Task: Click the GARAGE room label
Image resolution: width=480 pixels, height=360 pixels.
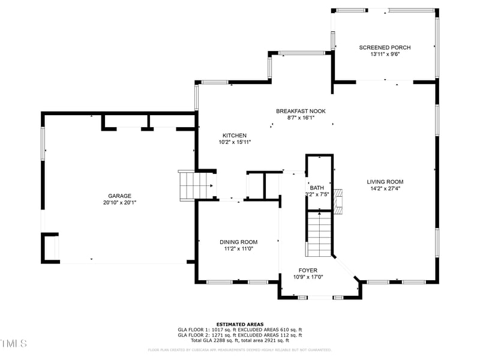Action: coord(119,196)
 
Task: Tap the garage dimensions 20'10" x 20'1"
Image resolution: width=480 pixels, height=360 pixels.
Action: coord(119,203)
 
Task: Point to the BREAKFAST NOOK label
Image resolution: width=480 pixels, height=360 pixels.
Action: coord(301,111)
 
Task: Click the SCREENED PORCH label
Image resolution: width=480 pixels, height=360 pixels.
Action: coord(385,47)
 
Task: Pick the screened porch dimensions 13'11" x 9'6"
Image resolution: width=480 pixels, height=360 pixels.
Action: coord(385,54)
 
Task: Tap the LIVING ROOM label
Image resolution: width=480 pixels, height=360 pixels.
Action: coord(385,182)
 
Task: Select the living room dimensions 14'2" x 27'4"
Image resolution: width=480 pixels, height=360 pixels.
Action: coord(385,188)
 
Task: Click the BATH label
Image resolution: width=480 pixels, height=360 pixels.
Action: coord(317,188)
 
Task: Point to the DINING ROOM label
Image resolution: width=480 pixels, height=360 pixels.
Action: coord(238,242)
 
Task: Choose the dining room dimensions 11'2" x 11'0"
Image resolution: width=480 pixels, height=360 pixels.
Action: coord(238,248)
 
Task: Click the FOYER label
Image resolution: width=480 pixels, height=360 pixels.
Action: coord(308,271)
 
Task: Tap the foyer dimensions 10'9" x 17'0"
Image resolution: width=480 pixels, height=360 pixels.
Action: coord(308,277)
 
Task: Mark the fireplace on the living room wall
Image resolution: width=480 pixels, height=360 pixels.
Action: coord(340,202)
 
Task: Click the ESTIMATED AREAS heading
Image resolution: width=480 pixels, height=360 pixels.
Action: coord(239,324)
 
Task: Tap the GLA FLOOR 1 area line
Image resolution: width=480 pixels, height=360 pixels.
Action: coord(239,329)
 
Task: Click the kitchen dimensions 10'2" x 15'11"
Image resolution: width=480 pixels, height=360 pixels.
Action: coord(234,142)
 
